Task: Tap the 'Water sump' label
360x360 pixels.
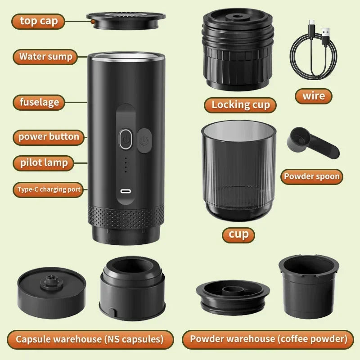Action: coord(45,57)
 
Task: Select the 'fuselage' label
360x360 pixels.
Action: coord(39,102)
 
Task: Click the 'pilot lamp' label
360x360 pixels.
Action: coord(44,162)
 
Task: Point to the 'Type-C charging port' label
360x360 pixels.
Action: coord(49,189)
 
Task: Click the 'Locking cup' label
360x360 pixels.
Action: coord(240,105)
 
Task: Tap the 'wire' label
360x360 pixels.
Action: coord(313,96)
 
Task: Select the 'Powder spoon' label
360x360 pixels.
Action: coord(311,176)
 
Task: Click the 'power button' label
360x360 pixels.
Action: coord(49,137)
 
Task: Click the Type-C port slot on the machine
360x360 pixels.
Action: coord(126,191)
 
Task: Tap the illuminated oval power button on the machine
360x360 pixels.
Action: coord(125,139)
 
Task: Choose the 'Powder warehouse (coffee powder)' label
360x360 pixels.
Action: coord(268,339)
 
